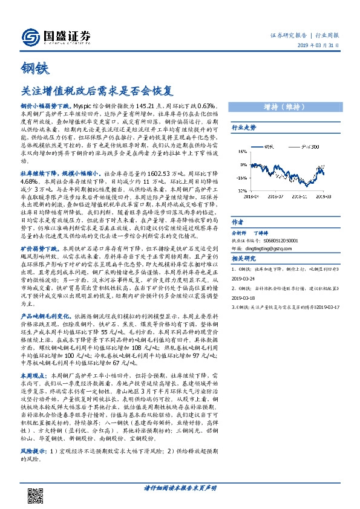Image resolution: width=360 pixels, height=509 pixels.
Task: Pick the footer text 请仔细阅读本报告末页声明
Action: point(180,487)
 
